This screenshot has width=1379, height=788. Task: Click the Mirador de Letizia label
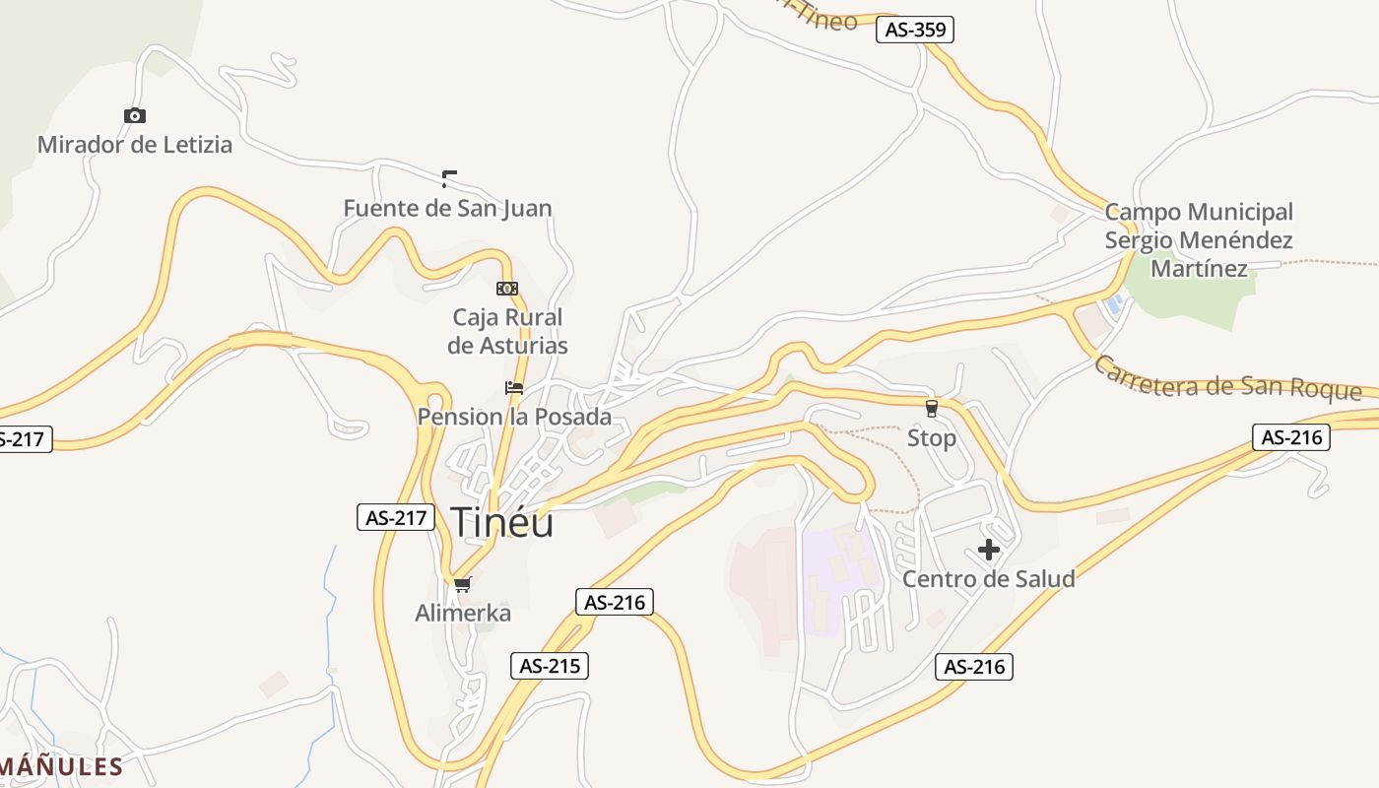click(x=135, y=145)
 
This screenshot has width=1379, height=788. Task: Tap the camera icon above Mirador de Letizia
click(x=135, y=116)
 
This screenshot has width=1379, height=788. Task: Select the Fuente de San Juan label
click(x=447, y=208)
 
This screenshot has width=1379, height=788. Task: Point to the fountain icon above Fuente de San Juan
click(x=449, y=178)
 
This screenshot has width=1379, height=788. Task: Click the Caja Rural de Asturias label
click(x=507, y=331)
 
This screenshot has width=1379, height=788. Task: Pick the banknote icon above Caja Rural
click(x=507, y=289)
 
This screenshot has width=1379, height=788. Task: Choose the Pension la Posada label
click(x=514, y=417)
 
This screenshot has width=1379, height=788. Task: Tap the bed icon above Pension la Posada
click(x=514, y=388)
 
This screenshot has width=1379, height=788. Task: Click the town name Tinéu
click(x=501, y=522)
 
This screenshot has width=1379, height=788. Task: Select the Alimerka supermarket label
click(x=463, y=613)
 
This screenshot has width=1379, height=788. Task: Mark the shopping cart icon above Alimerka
click(x=463, y=584)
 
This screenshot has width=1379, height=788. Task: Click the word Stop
click(x=932, y=437)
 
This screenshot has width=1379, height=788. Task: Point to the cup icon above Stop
click(x=932, y=408)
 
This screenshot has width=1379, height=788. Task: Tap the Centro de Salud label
click(x=989, y=578)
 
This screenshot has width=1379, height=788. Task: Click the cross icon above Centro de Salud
click(x=989, y=550)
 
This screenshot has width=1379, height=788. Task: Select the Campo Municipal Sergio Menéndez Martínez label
click(x=1199, y=239)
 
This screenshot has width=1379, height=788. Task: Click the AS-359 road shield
click(x=915, y=30)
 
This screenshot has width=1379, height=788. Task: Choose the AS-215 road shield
click(x=550, y=666)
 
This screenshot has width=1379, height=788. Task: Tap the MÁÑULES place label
click(x=61, y=766)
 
